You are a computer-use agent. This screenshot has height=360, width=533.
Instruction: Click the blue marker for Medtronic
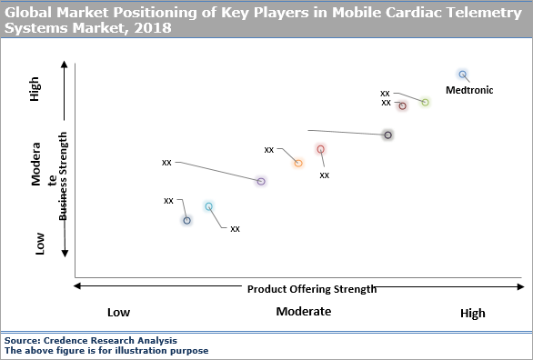point(462,75)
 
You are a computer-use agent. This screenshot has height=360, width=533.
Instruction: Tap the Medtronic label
point(469,89)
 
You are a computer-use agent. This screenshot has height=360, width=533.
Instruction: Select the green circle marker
point(425,102)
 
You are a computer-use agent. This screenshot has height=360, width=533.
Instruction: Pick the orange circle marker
point(297,164)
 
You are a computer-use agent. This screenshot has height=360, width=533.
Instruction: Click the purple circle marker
point(261,182)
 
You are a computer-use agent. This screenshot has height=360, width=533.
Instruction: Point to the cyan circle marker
point(208,207)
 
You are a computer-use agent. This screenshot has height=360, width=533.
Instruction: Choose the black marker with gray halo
point(387,135)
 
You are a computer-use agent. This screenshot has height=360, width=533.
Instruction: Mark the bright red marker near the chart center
point(320,150)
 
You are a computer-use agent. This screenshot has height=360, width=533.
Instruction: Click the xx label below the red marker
point(325,175)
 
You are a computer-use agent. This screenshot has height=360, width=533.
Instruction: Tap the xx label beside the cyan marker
point(235,228)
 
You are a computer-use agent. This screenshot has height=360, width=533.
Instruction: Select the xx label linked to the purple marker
point(166,163)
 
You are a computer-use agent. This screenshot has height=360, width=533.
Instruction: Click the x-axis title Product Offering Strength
point(311,289)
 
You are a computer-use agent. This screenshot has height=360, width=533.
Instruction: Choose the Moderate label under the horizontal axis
point(304,312)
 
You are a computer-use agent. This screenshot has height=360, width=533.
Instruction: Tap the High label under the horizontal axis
point(472,313)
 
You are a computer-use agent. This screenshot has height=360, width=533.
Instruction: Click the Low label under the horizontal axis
point(118,312)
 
